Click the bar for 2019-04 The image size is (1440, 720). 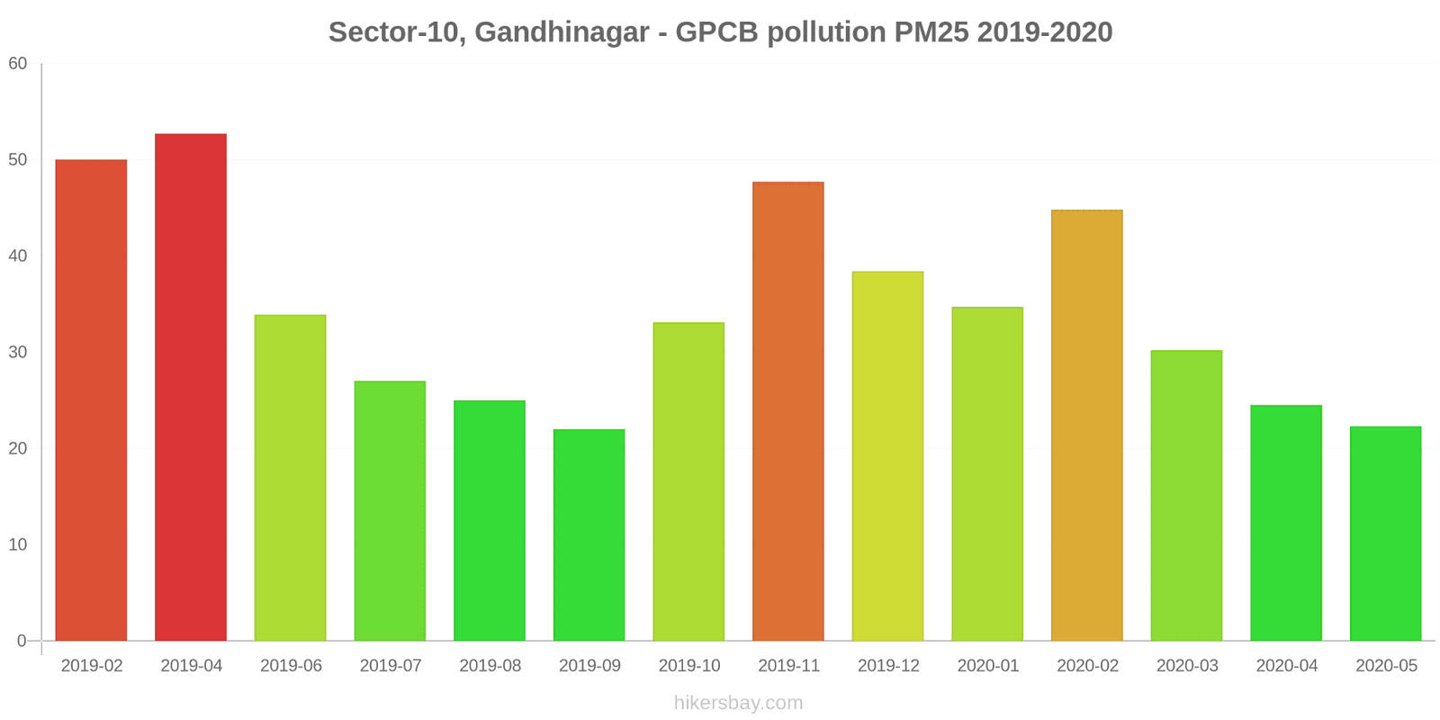tap(191, 387)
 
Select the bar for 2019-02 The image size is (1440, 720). tap(91, 400)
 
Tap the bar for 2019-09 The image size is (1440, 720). tap(589, 535)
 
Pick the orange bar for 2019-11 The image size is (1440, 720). tap(787, 411)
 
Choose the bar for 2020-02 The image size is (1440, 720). tap(1086, 426)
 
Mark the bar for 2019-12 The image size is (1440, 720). tap(887, 456)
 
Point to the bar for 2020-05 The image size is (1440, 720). tap(1385, 534)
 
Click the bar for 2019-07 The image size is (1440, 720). tap(390, 511)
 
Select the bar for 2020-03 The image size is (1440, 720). tap(1186, 496)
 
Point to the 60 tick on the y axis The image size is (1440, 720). tap(18, 64)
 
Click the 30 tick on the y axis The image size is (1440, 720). tap(18, 352)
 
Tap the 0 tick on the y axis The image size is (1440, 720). tap(22, 641)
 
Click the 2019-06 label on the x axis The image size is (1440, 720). tap(291, 666)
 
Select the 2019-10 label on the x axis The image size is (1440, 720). tap(689, 666)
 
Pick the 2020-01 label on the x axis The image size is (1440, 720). tap(988, 666)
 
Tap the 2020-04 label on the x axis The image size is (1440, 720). tap(1286, 666)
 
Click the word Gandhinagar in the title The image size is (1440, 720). tap(562, 32)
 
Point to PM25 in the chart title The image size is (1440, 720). tap(931, 32)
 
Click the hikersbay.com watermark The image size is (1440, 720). tap(738, 703)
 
